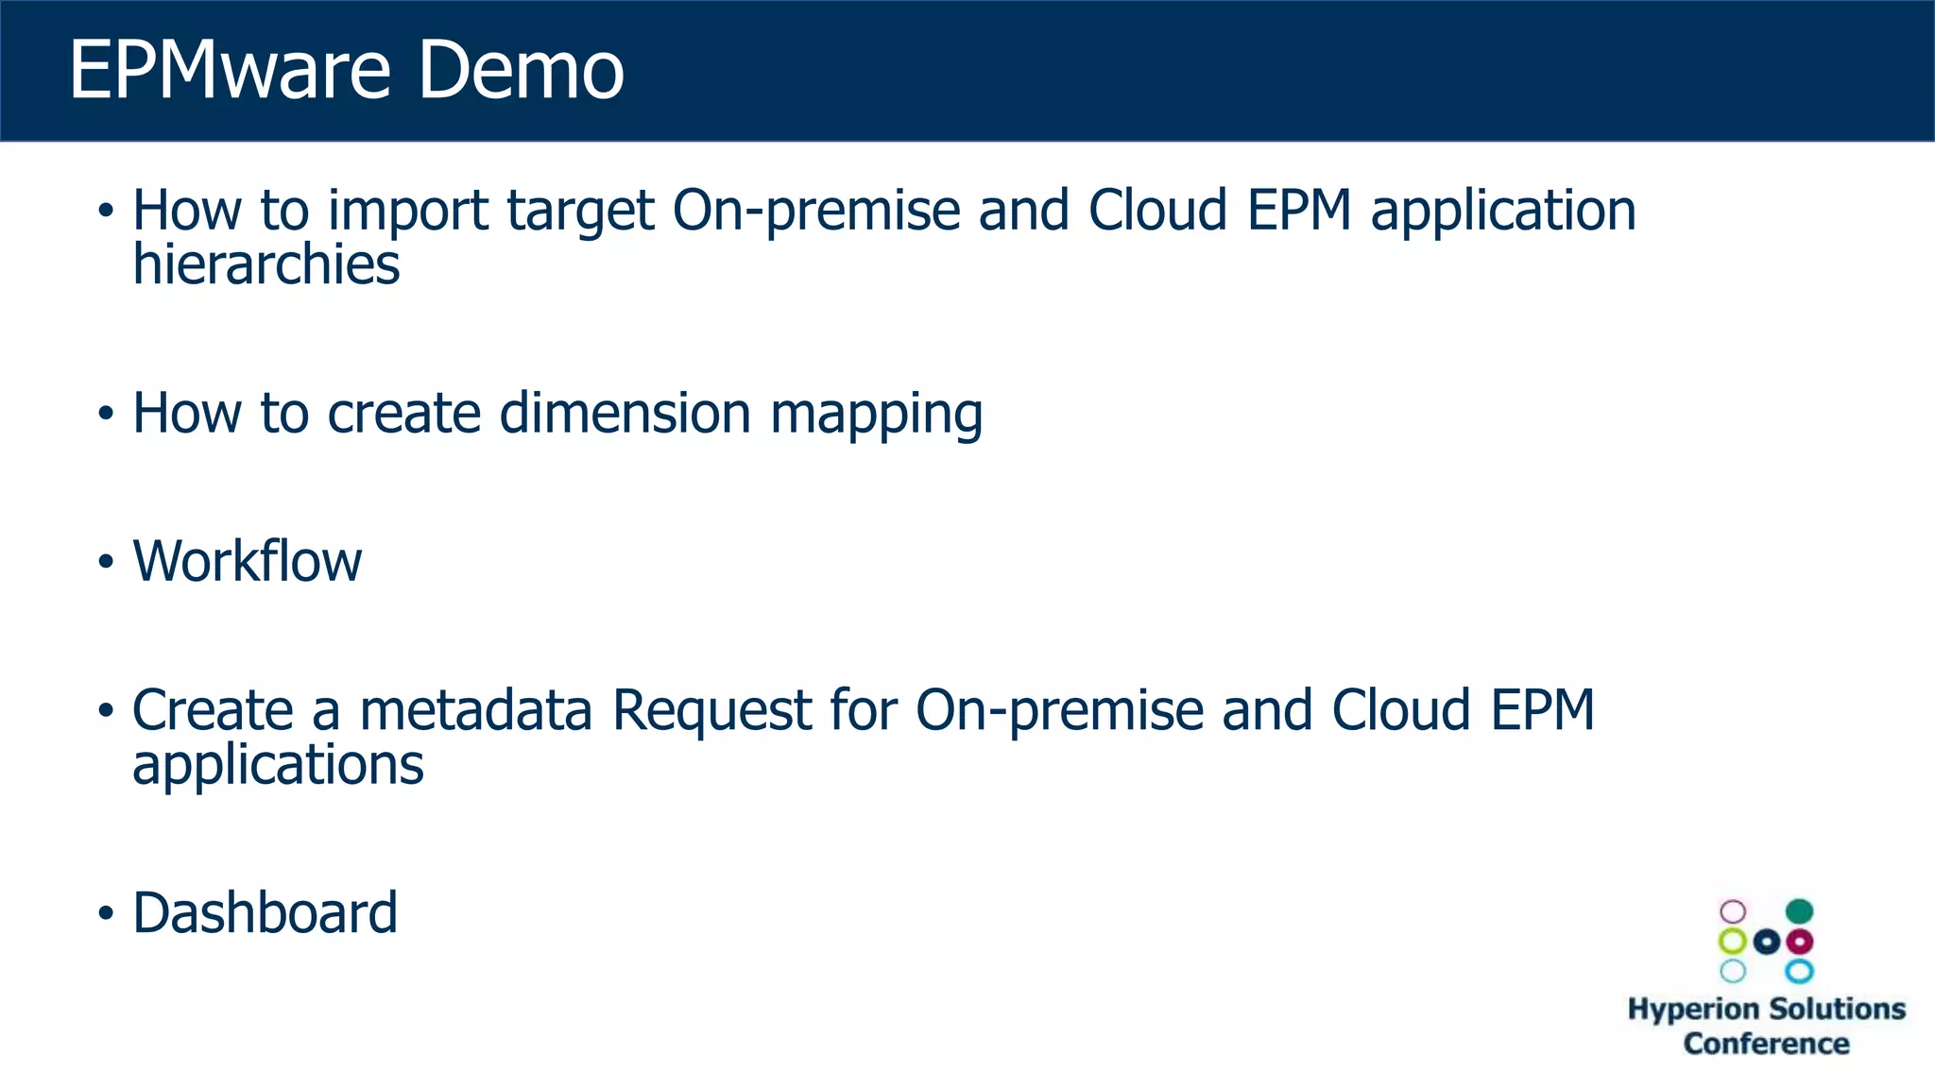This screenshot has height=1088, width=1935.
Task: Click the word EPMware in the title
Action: [230, 70]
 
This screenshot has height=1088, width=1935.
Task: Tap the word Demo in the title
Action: [521, 70]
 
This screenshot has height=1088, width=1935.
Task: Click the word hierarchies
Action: [265, 264]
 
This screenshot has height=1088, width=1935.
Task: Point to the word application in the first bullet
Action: [1503, 212]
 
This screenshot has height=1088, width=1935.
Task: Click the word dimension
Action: [625, 414]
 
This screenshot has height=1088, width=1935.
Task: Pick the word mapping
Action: [876, 416]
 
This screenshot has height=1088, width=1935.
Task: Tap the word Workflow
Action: [247, 561]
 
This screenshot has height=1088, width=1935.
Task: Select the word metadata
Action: [475, 710]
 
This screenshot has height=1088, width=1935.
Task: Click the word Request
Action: [711, 712]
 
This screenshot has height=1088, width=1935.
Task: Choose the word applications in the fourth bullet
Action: [278, 766]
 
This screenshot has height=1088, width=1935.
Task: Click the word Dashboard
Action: [265, 913]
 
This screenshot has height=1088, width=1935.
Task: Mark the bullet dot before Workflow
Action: [106, 562]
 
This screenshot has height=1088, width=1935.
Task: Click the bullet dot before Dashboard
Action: [106, 913]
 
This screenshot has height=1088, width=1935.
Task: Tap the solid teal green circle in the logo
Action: [1799, 911]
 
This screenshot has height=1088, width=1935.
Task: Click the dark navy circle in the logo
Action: [1767, 942]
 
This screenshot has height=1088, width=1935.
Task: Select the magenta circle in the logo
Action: [1800, 942]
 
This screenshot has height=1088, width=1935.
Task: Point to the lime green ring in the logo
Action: [1733, 942]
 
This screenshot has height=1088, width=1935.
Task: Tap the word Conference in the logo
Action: [1766, 1044]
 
